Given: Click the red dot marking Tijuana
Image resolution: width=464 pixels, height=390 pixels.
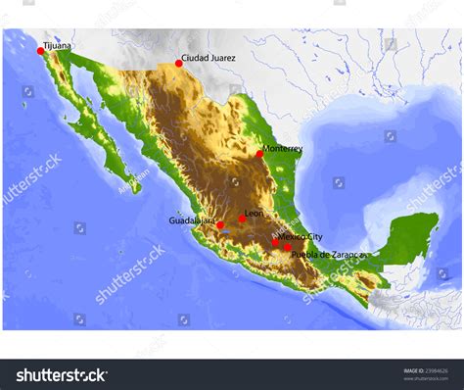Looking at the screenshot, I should (40, 50).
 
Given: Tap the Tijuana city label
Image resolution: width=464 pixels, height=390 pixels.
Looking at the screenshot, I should (57, 45).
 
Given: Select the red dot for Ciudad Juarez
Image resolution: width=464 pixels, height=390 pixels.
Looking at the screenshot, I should (178, 64).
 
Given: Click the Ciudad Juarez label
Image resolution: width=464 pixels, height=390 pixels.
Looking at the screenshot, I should (209, 59).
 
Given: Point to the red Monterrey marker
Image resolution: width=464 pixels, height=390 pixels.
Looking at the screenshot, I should (259, 154).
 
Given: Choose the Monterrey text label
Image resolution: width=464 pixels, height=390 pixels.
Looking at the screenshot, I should (283, 149).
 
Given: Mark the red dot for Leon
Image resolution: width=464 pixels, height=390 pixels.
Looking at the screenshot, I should (242, 219).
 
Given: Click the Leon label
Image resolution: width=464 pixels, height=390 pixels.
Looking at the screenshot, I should (254, 213).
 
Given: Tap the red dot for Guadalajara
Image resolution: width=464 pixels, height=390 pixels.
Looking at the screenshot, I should (220, 225).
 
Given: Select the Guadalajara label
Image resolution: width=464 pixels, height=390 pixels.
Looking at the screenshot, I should (192, 221).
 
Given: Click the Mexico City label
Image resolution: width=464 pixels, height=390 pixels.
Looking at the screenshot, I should (301, 237).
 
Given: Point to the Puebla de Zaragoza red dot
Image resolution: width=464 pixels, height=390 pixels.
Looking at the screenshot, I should (286, 248).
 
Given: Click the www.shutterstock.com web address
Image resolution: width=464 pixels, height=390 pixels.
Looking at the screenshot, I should (430, 379).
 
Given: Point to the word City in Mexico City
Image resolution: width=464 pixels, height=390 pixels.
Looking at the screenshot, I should (315, 237).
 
